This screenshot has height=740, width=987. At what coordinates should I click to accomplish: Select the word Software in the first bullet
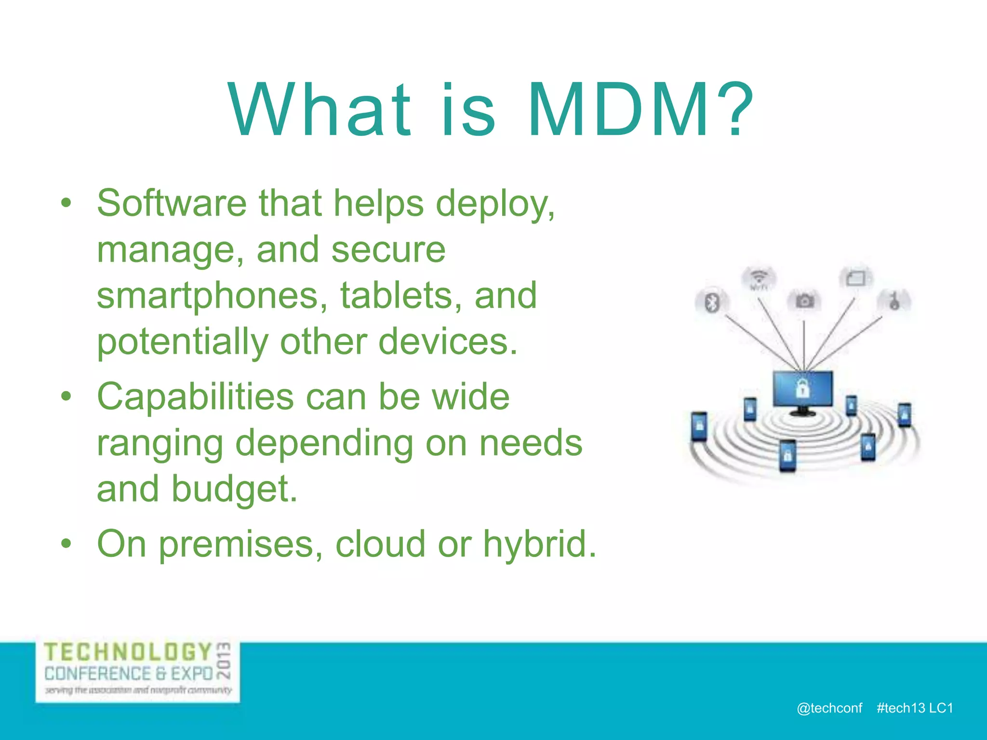tap(172, 203)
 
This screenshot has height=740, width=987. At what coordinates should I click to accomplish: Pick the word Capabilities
tap(195, 397)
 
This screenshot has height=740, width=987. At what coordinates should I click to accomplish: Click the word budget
tap(234, 489)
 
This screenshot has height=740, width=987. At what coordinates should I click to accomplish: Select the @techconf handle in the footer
tap(829, 708)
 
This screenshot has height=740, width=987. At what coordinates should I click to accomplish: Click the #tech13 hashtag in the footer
tap(901, 708)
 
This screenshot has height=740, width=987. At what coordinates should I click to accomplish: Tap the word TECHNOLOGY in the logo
tap(128, 652)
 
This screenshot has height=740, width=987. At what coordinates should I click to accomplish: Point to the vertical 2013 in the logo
tap(224, 660)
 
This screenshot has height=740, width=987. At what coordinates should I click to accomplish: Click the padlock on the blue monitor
tap(802, 388)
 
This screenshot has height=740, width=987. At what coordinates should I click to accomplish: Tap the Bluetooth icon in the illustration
tap(712, 303)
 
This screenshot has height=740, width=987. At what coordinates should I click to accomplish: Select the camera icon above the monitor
tap(804, 301)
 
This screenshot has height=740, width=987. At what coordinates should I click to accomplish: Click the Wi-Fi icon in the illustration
tap(759, 277)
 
